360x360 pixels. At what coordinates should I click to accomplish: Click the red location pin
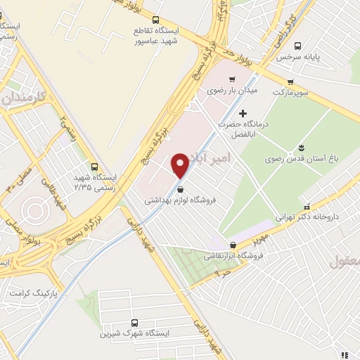coord(181,165)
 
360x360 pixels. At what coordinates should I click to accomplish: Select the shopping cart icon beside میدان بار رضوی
coord(232,79)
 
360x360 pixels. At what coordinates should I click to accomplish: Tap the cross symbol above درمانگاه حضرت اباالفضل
coord(243,113)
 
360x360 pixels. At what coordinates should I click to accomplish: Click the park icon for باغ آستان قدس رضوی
coord(302,147)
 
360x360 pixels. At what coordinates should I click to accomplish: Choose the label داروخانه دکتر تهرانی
coord(307,217)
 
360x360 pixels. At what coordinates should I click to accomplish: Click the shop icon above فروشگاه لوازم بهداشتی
coord(181,188)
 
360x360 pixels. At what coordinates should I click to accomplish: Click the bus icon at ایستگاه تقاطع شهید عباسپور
coord(155,20)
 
